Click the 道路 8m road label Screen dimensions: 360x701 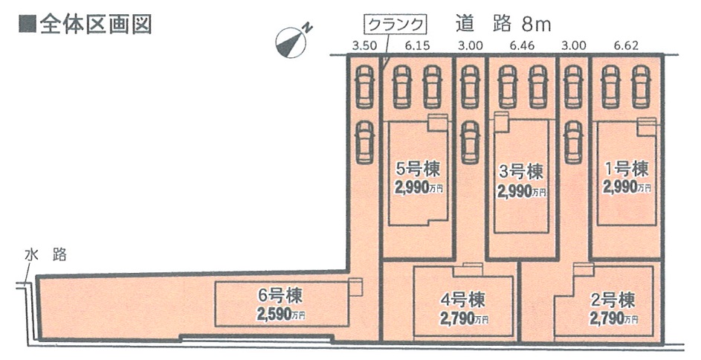tap(503, 23)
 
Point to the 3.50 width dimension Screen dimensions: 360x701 tap(364, 46)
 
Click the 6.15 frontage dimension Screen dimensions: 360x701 tap(418, 46)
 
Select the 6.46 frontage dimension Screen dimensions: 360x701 tap(523, 46)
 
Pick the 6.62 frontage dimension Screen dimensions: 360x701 tap(626, 46)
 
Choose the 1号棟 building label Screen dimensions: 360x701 tap(626, 169)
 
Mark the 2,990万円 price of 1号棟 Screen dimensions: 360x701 tap(627, 187)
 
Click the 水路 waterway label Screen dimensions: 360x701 tap(45, 255)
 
